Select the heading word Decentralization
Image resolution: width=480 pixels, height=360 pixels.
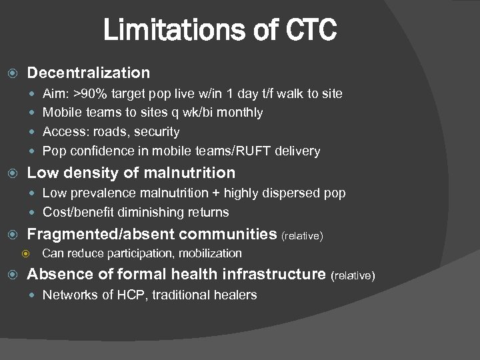coord(89,72)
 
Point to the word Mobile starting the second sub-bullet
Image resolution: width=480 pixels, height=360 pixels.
coord(62,113)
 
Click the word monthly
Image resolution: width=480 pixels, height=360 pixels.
coord(240,113)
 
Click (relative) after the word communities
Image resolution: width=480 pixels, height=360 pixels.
coord(303,235)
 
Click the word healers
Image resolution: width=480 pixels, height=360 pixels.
coord(235,295)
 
